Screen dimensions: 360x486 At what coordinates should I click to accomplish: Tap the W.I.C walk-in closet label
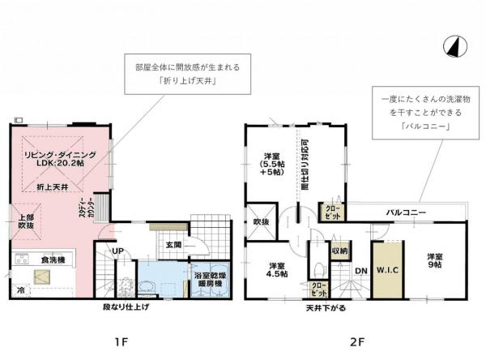pos(386,271)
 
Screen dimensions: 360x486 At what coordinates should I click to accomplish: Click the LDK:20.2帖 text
pos(60,162)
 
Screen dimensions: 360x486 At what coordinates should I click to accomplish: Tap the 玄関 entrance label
pos(173,244)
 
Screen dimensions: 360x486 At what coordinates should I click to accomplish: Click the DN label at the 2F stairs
pos(361,271)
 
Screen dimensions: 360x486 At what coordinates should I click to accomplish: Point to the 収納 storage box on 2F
pos(339,251)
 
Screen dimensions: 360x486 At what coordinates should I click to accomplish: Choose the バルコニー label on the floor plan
pos(406,212)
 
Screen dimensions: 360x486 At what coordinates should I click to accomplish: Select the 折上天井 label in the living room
pos(53,186)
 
